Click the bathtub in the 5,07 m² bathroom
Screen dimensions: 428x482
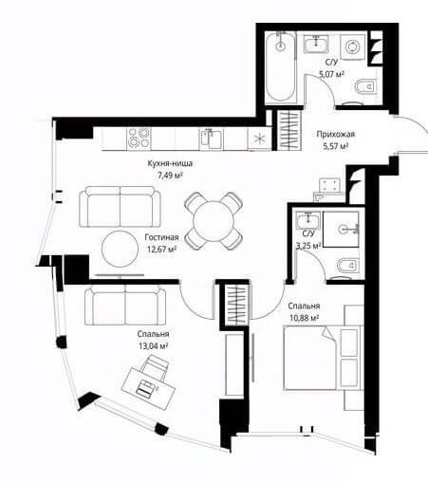tap(280, 67)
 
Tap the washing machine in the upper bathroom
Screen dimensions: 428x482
tap(352, 47)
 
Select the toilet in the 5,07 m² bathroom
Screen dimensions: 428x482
tap(365, 86)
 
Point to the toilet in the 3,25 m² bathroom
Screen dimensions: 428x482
tap(348, 265)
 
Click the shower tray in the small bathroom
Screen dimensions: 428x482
tap(341, 229)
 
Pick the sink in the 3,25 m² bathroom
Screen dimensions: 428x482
tap(307, 220)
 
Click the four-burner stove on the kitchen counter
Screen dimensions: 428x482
tap(139, 139)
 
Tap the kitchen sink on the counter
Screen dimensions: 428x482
tap(212, 139)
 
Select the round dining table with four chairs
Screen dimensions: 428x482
tap(214, 221)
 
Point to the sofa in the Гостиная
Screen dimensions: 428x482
tap(120, 207)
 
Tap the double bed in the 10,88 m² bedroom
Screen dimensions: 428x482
tap(322, 358)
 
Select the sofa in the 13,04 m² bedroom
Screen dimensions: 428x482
tap(125, 305)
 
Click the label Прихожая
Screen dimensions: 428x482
tap(336, 134)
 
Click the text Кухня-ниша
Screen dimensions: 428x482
tap(170, 163)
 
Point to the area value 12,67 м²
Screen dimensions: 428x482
tap(161, 250)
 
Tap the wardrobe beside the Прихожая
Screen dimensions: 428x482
tap(289, 130)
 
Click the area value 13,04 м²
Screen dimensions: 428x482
tap(153, 346)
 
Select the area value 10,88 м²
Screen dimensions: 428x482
tap(304, 318)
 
